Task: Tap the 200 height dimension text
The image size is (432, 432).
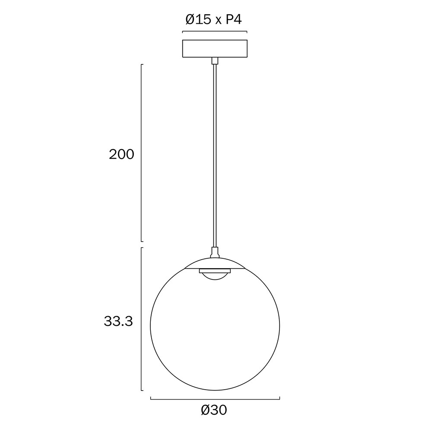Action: point(121,154)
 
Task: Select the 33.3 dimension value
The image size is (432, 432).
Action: point(118,321)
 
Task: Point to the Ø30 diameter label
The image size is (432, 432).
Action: point(214,410)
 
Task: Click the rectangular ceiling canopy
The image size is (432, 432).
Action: point(215,48)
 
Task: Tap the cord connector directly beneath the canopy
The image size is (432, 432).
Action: point(215,60)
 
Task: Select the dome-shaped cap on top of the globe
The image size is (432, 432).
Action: point(215,264)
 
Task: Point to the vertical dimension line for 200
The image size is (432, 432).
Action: point(141,153)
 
